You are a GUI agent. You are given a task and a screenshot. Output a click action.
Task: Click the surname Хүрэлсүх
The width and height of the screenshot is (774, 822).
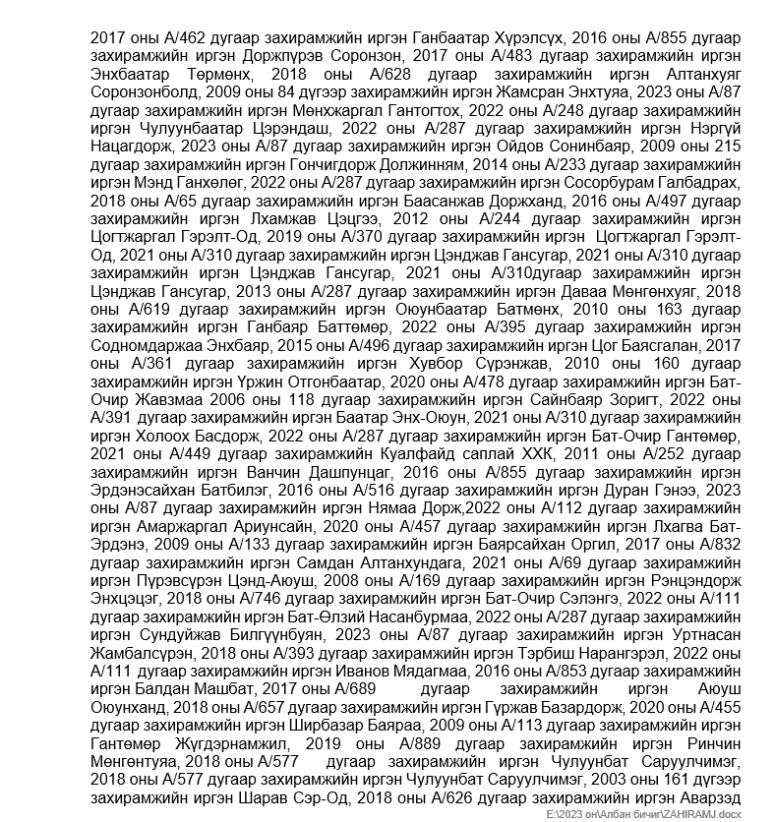528,37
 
